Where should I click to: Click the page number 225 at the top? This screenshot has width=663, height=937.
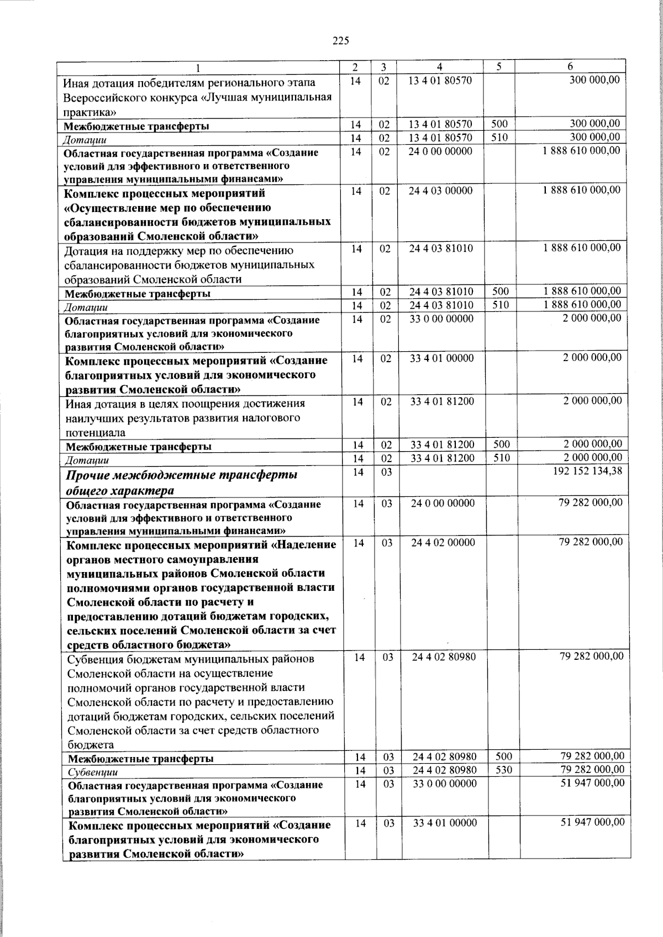click(x=341, y=40)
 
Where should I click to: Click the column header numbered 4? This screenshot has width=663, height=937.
click(x=439, y=67)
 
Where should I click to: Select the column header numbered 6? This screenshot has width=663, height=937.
click(x=570, y=67)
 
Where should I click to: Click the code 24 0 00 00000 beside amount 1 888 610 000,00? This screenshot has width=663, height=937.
click(x=440, y=151)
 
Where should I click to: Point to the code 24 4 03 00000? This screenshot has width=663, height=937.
click(x=440, y=190)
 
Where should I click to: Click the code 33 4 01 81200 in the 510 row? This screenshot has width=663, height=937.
click(x=442, y=458)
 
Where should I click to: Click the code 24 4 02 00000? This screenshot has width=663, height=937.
click(x=443, y=542)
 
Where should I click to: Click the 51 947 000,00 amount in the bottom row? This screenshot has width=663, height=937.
click(x=592, y=823)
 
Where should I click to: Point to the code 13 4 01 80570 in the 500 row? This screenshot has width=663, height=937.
click(x=440, y=124)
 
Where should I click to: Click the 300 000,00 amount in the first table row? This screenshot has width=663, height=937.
click(x=594, y=80)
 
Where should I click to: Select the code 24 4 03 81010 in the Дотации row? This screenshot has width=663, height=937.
click(x=441, y=305)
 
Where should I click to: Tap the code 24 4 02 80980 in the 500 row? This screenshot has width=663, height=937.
click(x=444, y=756)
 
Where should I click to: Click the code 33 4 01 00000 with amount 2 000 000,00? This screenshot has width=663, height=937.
click(x=441, y=358)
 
